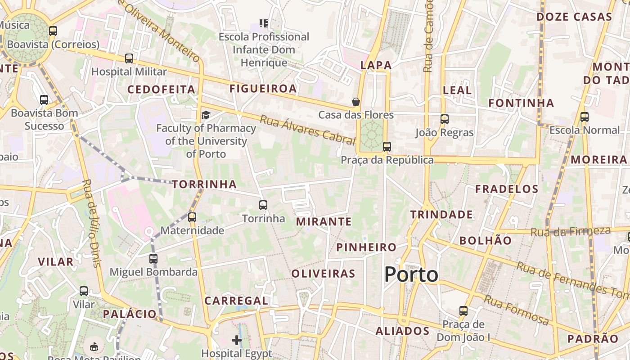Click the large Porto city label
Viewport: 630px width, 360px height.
click(411, 274)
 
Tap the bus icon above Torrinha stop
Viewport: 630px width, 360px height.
click(263, 205)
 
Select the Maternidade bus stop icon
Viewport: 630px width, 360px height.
click(192, 217)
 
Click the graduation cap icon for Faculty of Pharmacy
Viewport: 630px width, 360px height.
click(206, 115)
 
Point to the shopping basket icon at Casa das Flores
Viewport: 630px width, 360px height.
click(356, 102)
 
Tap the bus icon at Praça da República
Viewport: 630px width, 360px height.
click(387, 147)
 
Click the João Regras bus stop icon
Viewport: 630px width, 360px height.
click(445, 119)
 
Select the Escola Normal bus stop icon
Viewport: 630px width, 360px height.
click(585, 117)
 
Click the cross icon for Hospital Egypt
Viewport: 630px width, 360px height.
click(237, 340)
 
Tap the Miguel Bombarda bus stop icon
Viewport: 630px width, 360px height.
click(153, 259)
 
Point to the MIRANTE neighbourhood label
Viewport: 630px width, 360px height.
click(324, 221)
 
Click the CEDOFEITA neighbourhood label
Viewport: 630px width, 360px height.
click(161, 90)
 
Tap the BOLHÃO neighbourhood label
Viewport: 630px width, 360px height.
click(486, 240)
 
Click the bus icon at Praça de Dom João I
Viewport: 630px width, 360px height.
click(463, 311)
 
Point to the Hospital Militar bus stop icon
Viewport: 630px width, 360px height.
click(129, 58)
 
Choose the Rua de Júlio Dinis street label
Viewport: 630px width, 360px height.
click(91, 223)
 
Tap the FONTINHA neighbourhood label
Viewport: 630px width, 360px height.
click(521, 103)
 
